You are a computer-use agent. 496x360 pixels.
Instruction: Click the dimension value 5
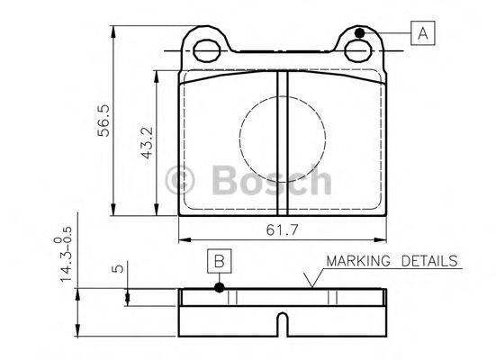click(x=114, y=268)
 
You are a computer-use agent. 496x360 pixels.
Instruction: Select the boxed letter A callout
click(x=421, y=34)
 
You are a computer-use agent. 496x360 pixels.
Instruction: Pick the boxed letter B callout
click(x=218, y=261)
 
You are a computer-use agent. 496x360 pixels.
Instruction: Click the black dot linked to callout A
click(x=359, y=33)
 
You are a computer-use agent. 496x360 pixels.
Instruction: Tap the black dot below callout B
click(x=218, y=288)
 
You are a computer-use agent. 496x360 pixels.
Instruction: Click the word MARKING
click(x=356, y=261)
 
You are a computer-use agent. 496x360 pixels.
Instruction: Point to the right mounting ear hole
click(x=359, y=50)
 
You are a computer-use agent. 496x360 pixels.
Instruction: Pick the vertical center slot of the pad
click(x=282, y=144)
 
